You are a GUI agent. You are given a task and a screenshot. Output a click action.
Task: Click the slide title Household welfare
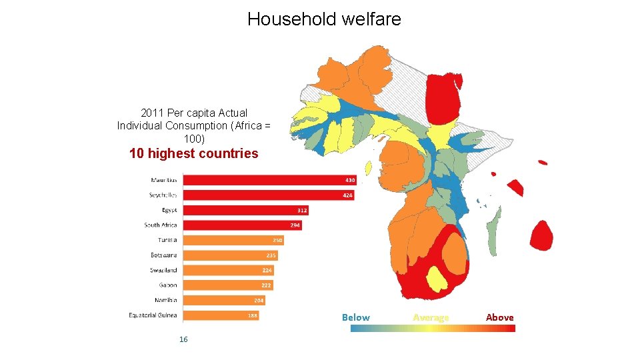[324, 19]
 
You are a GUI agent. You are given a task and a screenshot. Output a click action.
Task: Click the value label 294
[295, 225]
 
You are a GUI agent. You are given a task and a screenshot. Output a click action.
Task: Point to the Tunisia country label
[167, 240]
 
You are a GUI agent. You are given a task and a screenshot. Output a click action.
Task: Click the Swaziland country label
[163, 270]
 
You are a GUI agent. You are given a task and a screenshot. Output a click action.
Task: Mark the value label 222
[266, 285]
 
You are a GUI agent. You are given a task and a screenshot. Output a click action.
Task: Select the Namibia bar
[223, 300]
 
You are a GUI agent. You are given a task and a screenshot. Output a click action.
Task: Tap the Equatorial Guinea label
[153, 315]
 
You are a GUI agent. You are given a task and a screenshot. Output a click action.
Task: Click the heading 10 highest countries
[193, 153]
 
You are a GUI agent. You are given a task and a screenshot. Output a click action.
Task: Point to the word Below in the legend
[355, 317]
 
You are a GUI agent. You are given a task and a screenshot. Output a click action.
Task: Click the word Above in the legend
[499, 317]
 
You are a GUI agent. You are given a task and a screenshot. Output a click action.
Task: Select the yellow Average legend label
[431, 317]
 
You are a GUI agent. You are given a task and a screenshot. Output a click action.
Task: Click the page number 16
[183, 340]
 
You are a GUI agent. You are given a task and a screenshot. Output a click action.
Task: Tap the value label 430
[350, 180]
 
